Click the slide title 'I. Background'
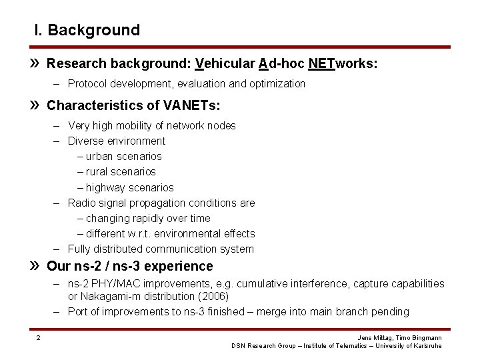87,31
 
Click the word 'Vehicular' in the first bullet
225,64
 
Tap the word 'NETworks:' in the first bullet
343,64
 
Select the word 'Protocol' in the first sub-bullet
87,84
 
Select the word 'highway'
105,187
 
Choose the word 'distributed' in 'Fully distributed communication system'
119,249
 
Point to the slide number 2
38,338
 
